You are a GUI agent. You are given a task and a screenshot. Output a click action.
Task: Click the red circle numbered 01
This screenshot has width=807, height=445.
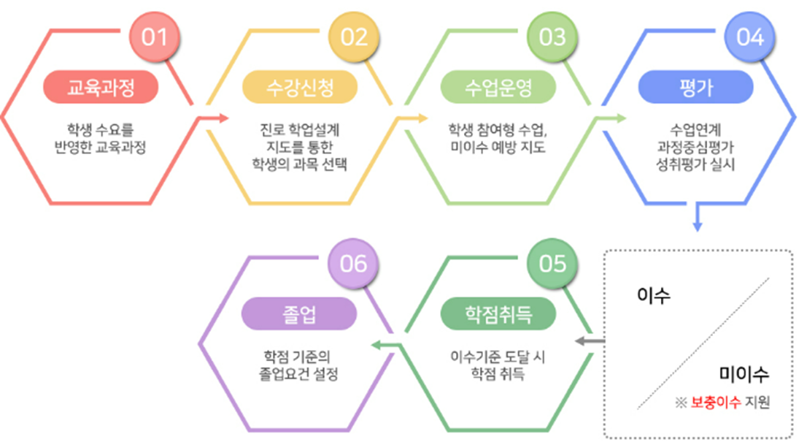click(155, 37)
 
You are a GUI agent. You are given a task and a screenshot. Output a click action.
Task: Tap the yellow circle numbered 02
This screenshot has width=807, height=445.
click(354, 37)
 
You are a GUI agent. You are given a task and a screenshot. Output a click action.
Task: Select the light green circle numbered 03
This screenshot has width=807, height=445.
click(552, 37)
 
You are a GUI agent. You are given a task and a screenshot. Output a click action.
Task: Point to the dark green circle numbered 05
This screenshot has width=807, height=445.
click(552, 263)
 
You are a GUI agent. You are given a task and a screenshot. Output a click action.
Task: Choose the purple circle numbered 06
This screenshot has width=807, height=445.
click(354, 263)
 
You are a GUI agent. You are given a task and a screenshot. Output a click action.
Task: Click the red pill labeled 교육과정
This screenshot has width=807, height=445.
click(101, 88)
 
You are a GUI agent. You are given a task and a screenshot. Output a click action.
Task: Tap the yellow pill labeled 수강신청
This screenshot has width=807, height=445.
click(299, 88)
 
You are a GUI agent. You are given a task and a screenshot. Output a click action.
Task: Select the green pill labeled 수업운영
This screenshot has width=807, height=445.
click(498, 88)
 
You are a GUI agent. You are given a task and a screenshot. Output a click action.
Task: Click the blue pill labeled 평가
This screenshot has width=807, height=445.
click(695, 88)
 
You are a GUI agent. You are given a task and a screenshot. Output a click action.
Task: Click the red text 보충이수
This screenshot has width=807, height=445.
click(715, 403)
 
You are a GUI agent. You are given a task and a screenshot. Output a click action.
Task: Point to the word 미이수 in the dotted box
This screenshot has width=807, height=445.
click(744, 376)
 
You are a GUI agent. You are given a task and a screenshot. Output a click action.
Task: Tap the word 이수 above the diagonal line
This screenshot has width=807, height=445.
click(654, 296)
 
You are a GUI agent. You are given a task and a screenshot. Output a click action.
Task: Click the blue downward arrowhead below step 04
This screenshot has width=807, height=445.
click(698, 227)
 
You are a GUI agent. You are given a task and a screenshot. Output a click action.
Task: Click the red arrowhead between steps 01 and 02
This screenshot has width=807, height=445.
click(223, 118)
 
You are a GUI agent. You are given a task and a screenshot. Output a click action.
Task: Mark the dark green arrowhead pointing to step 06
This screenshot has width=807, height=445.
click(375, 343)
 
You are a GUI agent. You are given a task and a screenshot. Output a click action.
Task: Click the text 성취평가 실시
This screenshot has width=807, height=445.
click(695, 165)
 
